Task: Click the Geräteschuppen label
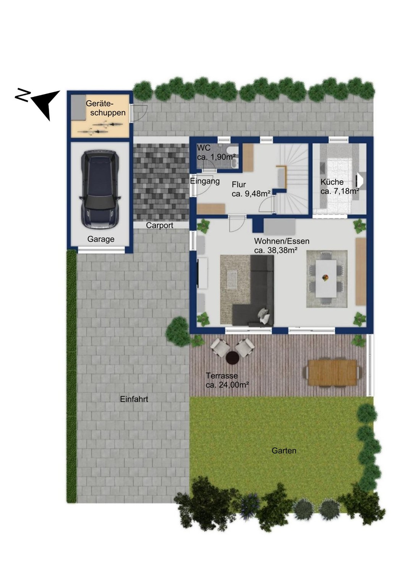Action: tap(105, 108)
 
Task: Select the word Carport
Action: tap(160, 225)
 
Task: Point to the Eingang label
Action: tap(205, 181)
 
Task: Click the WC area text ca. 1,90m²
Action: tap(216, 157)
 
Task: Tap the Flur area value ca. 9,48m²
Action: tap(251, 194)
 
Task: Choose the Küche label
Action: tap(332, 182)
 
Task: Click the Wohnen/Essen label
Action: tap(282, 241)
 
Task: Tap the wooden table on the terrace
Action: tap(332, 373)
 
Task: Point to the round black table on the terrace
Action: tap(232, 357)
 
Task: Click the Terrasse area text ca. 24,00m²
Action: tap(227, 385)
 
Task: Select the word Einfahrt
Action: tap(134, 399)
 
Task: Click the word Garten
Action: tap(284, 450)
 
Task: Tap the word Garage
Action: tap(101, 239)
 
